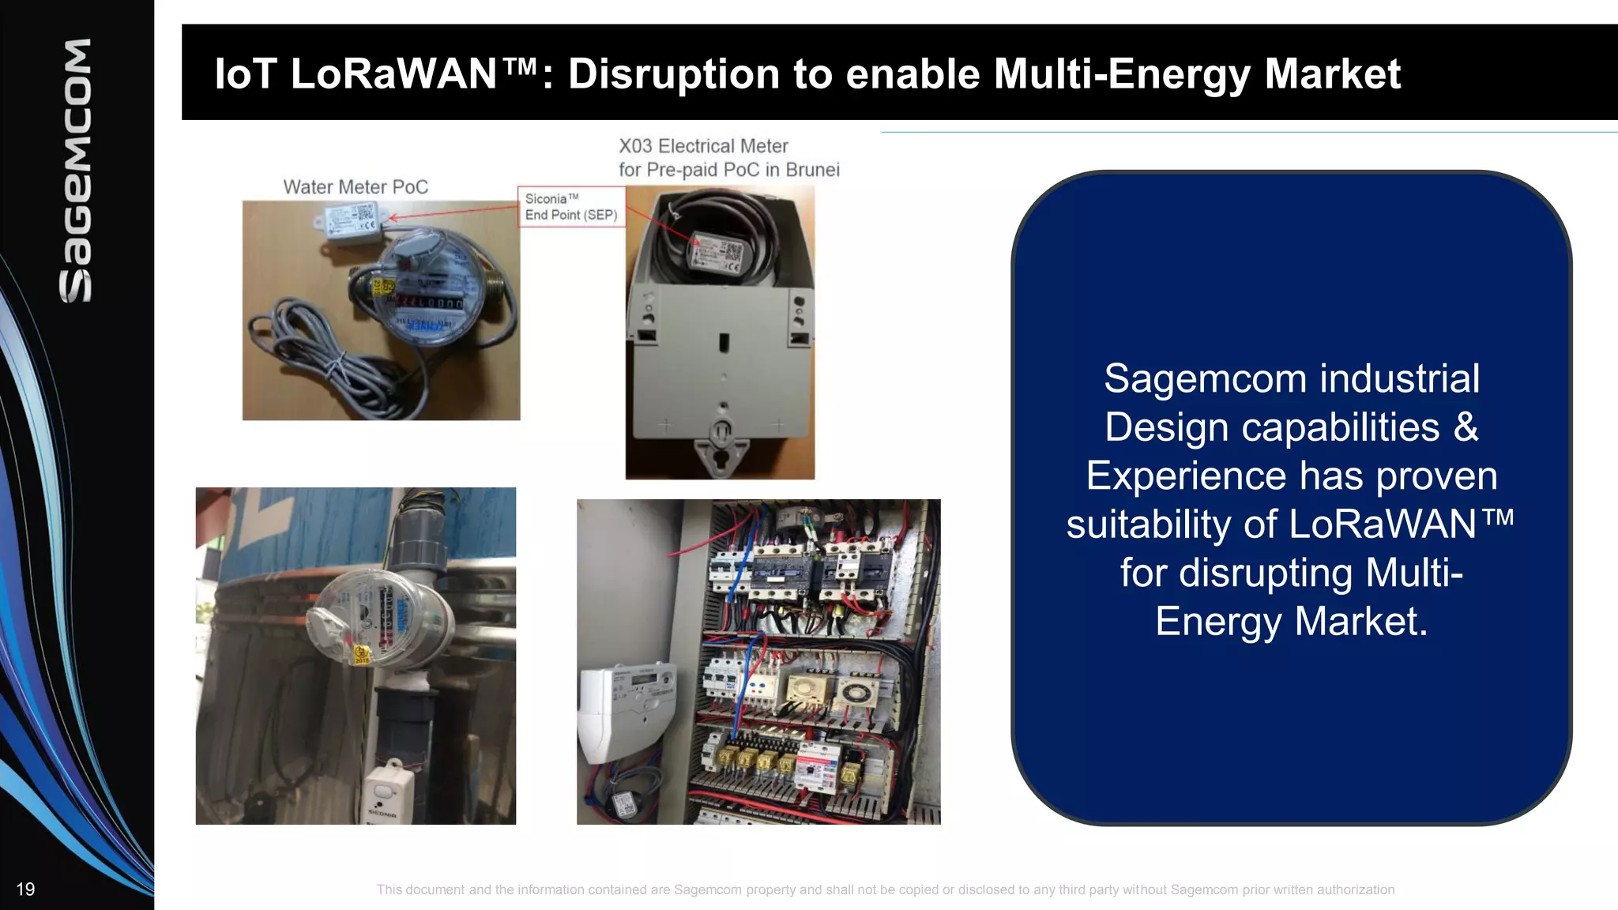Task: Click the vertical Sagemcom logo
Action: point(76,170)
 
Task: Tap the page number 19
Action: point(25,889)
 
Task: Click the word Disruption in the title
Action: point(674,73)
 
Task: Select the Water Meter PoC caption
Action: point(356,187)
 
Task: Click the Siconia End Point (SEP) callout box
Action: point(571,207)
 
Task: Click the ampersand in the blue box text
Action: point(1466,427)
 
